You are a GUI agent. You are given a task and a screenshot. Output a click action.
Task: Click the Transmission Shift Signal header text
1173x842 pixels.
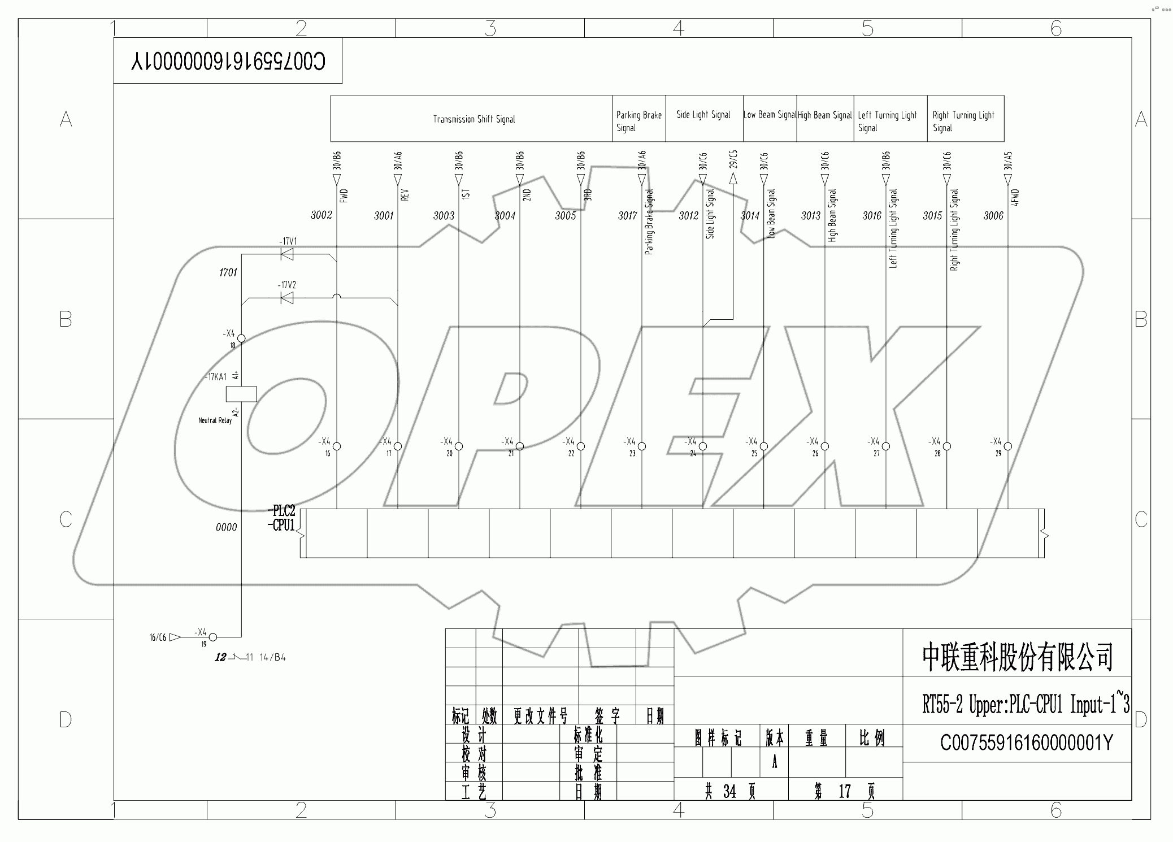(473, 119)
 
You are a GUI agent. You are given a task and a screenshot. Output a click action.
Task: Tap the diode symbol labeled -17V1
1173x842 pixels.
(287, 255)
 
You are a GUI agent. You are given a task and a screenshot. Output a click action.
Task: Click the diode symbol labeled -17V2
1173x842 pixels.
(287, 298)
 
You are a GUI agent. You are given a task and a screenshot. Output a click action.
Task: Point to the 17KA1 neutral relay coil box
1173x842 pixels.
(241, 394)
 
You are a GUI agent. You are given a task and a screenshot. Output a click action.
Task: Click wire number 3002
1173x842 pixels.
(321, 215)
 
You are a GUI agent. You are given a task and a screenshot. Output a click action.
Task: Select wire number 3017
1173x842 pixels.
(627, 215)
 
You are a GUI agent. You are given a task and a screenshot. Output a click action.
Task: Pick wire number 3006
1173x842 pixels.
(993, 215)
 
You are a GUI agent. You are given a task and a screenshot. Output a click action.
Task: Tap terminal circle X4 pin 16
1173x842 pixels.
(337, 446)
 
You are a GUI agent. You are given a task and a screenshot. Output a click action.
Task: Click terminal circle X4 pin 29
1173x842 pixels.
(1007, 446)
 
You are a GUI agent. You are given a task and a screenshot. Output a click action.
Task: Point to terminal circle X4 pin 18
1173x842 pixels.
(241, 338)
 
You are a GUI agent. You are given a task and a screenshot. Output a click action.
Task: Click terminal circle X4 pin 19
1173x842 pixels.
(213, 637)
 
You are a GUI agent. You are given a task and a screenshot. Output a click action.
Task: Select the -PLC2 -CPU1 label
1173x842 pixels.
(281, 518)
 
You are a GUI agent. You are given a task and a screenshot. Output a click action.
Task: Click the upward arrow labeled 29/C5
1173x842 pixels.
(733, 179)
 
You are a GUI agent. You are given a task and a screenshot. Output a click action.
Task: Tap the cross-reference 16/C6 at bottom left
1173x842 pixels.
(158, 637)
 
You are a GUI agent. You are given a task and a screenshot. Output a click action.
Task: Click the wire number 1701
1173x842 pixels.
(228, 272)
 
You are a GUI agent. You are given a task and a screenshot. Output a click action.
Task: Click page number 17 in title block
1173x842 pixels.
(844, 791)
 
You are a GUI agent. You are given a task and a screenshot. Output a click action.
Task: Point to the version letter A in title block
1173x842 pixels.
(774, 762)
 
